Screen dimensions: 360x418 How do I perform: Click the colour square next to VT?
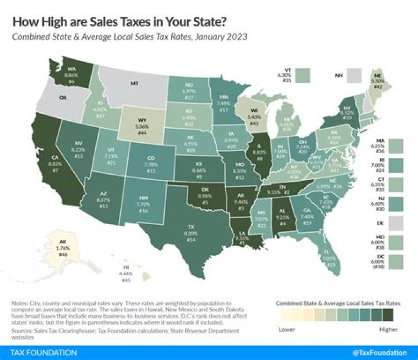coord(302,75)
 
